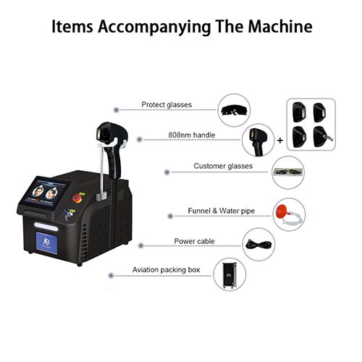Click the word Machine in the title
point(280,26)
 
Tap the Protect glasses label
point(167,104)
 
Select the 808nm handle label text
point(192,135)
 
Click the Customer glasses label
point(223,166)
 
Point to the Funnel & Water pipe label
point(222,211)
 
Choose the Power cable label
point(194,241)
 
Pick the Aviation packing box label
point(166,269)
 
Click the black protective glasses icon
point(234,111)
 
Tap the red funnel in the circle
point(282,211)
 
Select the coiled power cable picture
point(258,245)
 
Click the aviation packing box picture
point(230,274)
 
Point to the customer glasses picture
point(288,172)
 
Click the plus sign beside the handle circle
point(280,140)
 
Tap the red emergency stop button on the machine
point(77,198)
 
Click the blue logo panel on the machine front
point(46,243)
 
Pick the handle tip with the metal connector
point(323,137)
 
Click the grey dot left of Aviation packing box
point(111,275)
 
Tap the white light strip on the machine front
point(46,227)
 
